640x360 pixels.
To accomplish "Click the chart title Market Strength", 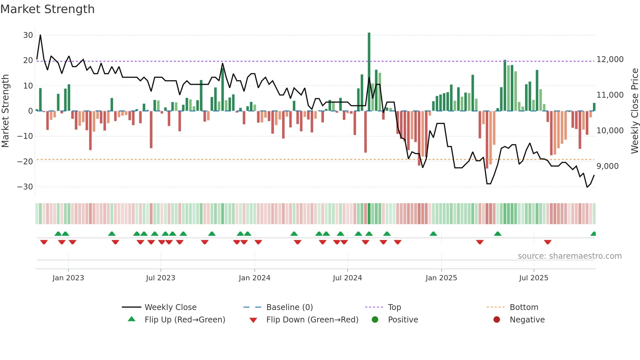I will [47, 9].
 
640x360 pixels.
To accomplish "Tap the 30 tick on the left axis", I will [28, 35].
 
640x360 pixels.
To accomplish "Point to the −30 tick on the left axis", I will [25, 187].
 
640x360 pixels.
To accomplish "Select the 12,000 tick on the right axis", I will [610, 59].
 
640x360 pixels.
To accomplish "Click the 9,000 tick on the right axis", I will [607, 166].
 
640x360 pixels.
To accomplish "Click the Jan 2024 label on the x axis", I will [254, 278].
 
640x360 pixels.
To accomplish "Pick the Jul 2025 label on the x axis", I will [534, 278].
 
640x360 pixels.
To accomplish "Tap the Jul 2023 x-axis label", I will [160, 278].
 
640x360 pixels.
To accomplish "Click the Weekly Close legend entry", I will [170, 307].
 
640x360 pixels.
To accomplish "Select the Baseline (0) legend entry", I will [289, 307].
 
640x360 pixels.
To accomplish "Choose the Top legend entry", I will [394, 307].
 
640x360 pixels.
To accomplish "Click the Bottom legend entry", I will [524, 307].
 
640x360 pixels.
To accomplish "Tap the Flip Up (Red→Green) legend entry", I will [184, 320].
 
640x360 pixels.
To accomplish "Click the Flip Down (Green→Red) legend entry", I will [312, 320].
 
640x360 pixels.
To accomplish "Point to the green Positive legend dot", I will [375, 320].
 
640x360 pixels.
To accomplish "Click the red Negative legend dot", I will [497, 320].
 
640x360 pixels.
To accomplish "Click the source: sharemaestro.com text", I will [569, 256].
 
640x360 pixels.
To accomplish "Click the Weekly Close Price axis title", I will [634, 111].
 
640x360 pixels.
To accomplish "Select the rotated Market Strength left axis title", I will [5, 111].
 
